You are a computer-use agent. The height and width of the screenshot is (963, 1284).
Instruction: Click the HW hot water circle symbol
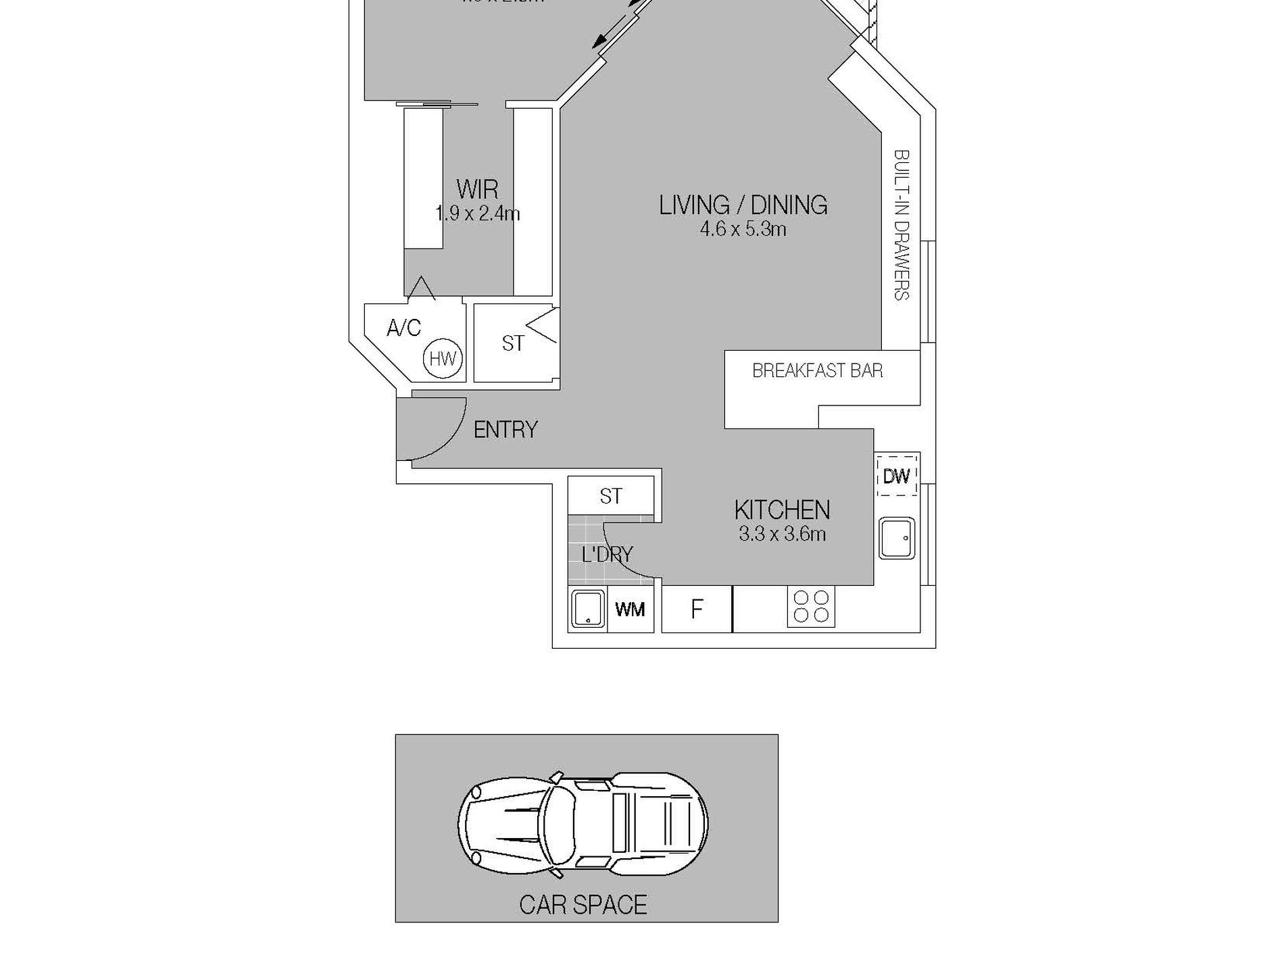[443, 359]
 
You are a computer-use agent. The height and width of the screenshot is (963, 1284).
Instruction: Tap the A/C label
[404, 328]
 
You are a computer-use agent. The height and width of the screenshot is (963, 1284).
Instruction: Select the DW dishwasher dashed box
[897, 476]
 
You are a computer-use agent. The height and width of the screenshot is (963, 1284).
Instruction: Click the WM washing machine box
[630, 610]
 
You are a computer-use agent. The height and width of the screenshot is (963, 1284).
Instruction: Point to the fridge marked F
[697, 610]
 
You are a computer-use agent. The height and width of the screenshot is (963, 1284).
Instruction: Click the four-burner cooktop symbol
[811, 606]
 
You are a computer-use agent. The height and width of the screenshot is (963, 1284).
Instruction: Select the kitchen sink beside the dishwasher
[897, 538]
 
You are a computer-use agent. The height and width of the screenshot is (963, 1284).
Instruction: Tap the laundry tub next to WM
[587, 610]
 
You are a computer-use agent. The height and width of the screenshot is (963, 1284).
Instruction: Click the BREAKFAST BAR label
[817, 371]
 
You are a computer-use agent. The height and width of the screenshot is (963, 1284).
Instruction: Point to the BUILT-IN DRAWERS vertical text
[902, 225]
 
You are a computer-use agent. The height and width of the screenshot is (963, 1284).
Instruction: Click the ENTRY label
[505, 430]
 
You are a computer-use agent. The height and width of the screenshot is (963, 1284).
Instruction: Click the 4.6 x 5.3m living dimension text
[743, 230]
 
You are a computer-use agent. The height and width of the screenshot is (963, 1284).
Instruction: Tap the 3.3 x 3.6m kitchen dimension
[782, 535]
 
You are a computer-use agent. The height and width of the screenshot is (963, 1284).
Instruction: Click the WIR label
[477, 189]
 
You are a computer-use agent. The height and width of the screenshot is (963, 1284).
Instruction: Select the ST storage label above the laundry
[610, 497]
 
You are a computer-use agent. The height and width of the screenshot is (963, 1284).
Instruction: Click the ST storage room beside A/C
[513, 344]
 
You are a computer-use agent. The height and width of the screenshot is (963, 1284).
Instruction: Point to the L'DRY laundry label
[607, 555]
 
